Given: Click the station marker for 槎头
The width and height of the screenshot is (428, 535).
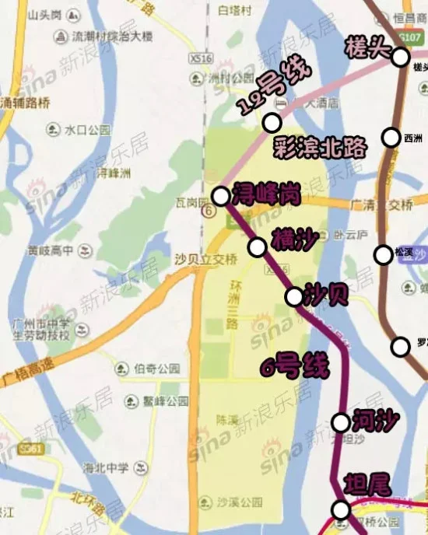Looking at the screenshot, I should tap(401, 57).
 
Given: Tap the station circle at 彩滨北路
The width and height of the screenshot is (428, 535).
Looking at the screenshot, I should tap(272, 122).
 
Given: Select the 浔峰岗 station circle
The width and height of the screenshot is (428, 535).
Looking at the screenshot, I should tap(220, 196).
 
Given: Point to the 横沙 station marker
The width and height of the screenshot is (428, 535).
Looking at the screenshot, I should tap(257, 247).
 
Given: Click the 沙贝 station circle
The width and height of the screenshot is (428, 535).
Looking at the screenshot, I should tap(294, 296).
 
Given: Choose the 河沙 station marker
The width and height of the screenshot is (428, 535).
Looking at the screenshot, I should tap(341, 422).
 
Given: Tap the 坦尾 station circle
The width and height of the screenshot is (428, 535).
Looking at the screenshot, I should tap(341, 509).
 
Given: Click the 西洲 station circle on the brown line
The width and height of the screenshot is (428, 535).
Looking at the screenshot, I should tap(391, 138).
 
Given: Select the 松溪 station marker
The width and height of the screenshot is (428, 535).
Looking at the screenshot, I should tap(383, 254).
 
